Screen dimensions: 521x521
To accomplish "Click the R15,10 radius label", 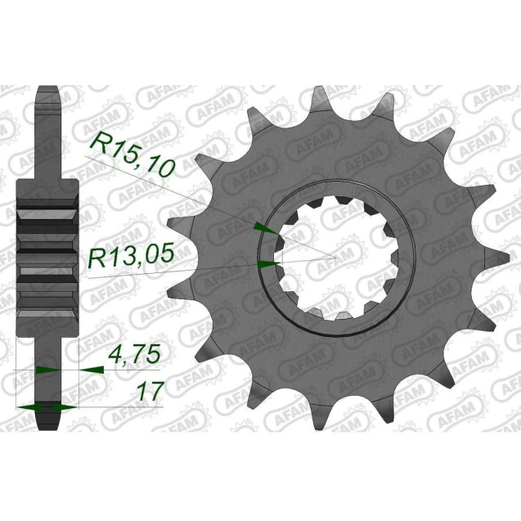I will [133, 155].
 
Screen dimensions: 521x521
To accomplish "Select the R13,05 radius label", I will [131, 259].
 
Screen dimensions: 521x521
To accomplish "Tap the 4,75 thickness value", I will [134, 357].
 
